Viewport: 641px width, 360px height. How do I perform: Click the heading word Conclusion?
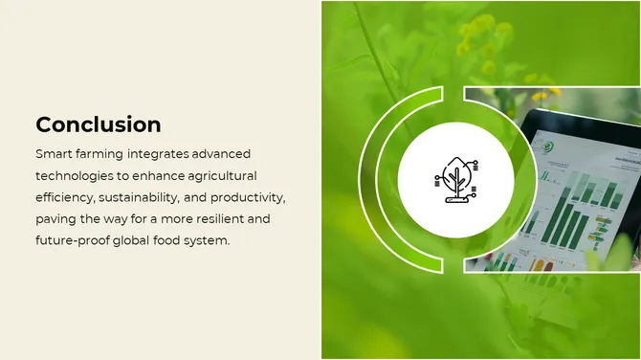pyautogui.click(x=98, y=124)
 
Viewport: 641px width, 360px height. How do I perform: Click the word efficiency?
pyautogui.click(x=68, y=197)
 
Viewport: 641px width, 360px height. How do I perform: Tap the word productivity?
pyautogui.click(x=250, y=197)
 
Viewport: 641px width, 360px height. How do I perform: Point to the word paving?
pyautogui.click(x=58, y=219)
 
